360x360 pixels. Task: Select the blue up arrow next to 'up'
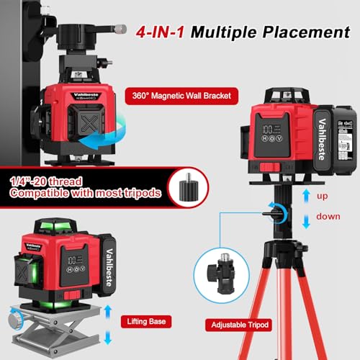pos(307,194)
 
